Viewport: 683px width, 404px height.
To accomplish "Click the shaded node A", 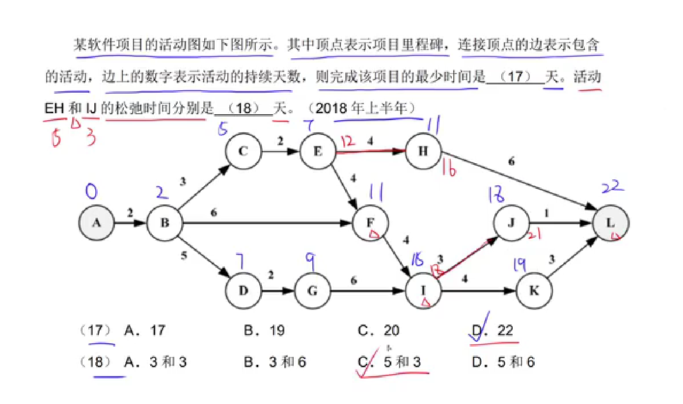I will point(96,223).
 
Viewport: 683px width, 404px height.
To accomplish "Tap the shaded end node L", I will point(610,223).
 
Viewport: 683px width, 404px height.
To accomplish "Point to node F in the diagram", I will point(371,223).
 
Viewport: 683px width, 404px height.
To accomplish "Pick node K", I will point(534,291).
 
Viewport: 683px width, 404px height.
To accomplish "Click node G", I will point(312,291).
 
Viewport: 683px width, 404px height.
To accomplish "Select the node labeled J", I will point(511,223).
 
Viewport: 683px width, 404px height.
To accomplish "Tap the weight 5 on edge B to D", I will point(184,255).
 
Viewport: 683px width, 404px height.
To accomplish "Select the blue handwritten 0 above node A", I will point(92,191).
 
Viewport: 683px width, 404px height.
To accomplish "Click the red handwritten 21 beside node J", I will point(535,236).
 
